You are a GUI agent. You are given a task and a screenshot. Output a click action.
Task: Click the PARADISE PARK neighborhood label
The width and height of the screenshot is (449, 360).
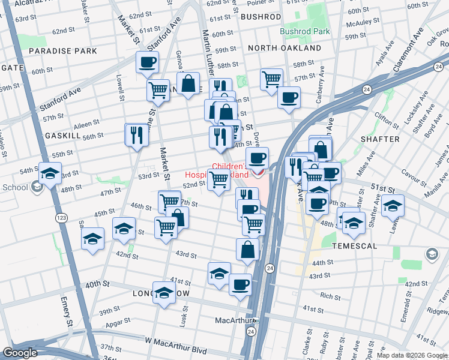pyautogui.click(x=62, y=51)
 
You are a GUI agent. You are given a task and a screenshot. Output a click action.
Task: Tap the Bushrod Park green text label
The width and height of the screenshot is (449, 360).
pyautogui.click(x=305, y=31)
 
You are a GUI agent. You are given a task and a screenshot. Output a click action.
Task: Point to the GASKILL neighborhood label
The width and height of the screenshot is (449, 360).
pyautogui.click(x=63, y=136)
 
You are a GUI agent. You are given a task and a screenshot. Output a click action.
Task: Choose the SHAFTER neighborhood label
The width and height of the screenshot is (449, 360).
pyautogui.click(x=379, y=139)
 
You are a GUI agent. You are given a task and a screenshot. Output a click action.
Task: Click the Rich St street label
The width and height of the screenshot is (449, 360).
pyautogui.click(x=331, y=296)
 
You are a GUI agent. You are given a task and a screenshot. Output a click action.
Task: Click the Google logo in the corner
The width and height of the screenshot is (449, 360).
pyautogui.click(x=20, y=353)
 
